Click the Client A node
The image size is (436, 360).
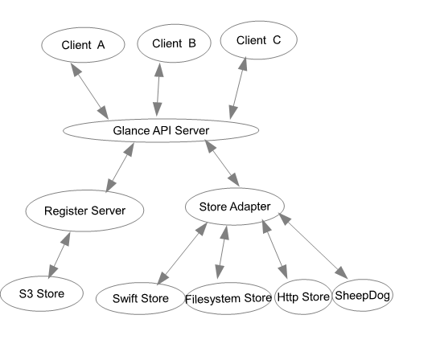[x=83, y=45]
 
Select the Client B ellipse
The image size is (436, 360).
[x=174, y=43]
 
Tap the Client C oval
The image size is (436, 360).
[x=258, y=40]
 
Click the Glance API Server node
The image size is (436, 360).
[x=161, y=130]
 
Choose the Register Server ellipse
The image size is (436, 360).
[x=84, y=211]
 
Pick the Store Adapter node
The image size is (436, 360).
[x=235, y=207]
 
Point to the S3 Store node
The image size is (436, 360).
[x=42, y=293]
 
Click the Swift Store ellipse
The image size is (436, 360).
[x=141, y=299]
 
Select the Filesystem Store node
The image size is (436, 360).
[x=228, y=299]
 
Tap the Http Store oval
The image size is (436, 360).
[x=303, y=297]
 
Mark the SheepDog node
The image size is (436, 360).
[x=363, y=295]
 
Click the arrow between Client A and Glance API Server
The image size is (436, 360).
[x=89, y=91]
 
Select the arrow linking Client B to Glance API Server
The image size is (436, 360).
[x=158, y=90]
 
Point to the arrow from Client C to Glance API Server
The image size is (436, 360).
[x=238, y=88]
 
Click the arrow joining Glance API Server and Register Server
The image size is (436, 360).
[x=120, y=167]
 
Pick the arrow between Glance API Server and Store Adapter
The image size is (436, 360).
[x=222, y=163]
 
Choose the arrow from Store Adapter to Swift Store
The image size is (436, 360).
[x=183, y=253]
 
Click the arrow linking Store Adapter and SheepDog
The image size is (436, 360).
[x=313, y=246]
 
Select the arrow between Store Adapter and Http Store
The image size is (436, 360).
[x=275, y=249]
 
